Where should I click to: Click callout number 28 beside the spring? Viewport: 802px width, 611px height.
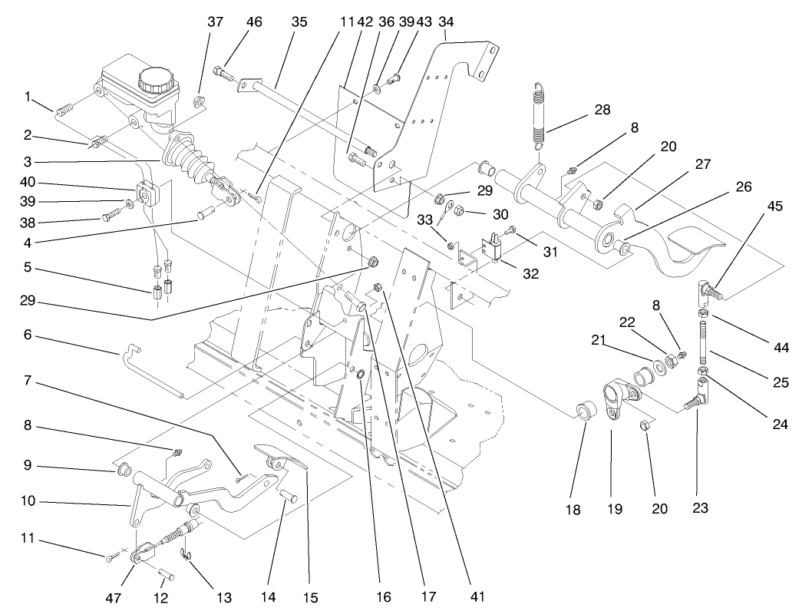(x=603, y=110)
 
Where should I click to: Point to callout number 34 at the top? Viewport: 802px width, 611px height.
(x=446, y=22)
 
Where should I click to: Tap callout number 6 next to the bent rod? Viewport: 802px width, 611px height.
(x=28, y=335)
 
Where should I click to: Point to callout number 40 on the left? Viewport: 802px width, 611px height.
(x=28, y=183)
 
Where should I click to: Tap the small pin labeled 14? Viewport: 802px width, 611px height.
(x=289, y=496)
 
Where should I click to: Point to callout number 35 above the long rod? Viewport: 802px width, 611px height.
(x=299, y=22)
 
